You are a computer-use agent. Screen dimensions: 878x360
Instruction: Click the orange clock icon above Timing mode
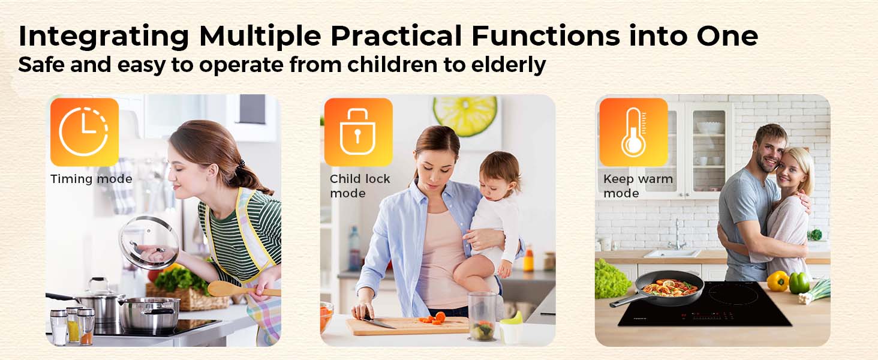coord(85,132)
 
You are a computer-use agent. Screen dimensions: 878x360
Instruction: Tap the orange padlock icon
coord(358,132)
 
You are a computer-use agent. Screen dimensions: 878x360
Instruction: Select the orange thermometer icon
coord(633,132)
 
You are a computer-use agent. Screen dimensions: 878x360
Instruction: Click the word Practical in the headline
coord(396,36)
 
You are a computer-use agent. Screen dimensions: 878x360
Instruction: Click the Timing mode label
coord(91,179)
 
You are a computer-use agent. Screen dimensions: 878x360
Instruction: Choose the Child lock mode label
coord(360,186)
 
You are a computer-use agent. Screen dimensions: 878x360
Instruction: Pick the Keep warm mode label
coord(638,186)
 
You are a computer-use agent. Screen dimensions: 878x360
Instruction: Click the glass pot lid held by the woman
coord(149,242)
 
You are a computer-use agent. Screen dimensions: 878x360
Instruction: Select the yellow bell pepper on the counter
coord(778,281)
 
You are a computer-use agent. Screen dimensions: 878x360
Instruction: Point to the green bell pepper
coord(799,283)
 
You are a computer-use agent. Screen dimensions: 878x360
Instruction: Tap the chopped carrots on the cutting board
coord(434,317)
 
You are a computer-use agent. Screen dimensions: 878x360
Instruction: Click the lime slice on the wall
coord(465,115)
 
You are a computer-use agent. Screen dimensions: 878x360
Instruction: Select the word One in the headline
coord(727,36)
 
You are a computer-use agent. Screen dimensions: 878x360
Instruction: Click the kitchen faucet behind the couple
coord(677,235)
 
